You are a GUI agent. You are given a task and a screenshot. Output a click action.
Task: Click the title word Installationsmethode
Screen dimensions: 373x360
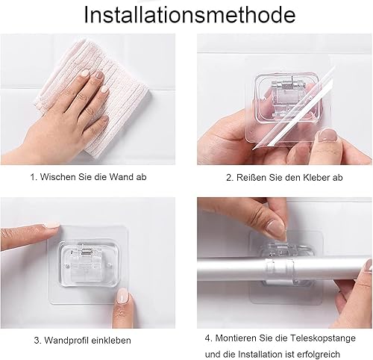click(x=189, y=15)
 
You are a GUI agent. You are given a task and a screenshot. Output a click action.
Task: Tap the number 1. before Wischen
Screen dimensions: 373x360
click(x=34, y=177)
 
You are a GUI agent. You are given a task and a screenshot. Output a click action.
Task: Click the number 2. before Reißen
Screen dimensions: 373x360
click(x=230, y=178)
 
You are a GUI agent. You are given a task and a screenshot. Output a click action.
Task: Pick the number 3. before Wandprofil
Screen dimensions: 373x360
click(x=37, y=341)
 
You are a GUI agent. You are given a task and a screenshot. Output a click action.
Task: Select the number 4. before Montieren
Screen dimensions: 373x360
click(x=209, y=338)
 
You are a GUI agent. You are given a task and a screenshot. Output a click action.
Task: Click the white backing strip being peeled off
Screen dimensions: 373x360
click(x=293, y=110)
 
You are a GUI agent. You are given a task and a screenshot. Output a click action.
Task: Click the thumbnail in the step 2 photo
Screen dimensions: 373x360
click(x=327, y=136)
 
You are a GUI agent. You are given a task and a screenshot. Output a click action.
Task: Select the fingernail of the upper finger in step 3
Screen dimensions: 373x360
click(x=51, y=225)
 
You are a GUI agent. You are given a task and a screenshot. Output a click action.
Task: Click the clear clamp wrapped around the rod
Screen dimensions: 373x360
click(x=280, y=270)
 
